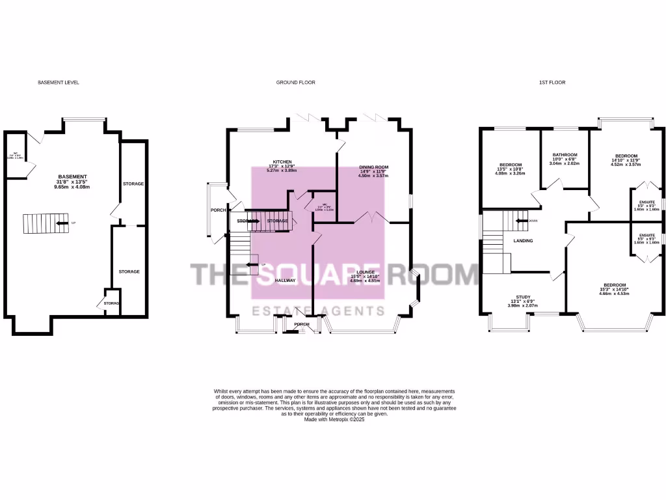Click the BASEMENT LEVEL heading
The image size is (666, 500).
point(59,83)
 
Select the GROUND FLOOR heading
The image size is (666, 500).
point(296,83)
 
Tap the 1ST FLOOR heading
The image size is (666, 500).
point(552,83)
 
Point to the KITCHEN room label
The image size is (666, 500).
point(282,161)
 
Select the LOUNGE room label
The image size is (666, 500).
point(365,272)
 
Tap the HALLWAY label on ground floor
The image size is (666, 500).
point(285,281)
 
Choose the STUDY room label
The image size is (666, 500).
point(524,297)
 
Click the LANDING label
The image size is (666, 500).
point(524,241)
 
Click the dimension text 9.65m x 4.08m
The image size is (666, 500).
point(73,187)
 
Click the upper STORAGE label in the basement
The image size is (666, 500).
point(133,184)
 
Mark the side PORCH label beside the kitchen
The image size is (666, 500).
point(218,210)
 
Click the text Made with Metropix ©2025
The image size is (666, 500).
point(334,420)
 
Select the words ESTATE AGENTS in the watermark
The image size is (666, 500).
point(317,311)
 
